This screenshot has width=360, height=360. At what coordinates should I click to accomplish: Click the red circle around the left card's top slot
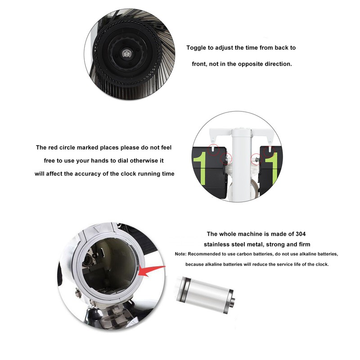(x=213, y=150)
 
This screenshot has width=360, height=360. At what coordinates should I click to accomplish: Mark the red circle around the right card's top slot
(x=269, y=151)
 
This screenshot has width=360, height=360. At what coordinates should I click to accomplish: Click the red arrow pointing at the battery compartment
(x=152, y=271)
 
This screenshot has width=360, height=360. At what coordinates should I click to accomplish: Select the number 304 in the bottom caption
(x=300, y=234)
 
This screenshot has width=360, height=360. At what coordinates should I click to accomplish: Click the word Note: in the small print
(x=180, y=254)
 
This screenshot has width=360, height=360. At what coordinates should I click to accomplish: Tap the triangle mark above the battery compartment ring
(x=98, y=229)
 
